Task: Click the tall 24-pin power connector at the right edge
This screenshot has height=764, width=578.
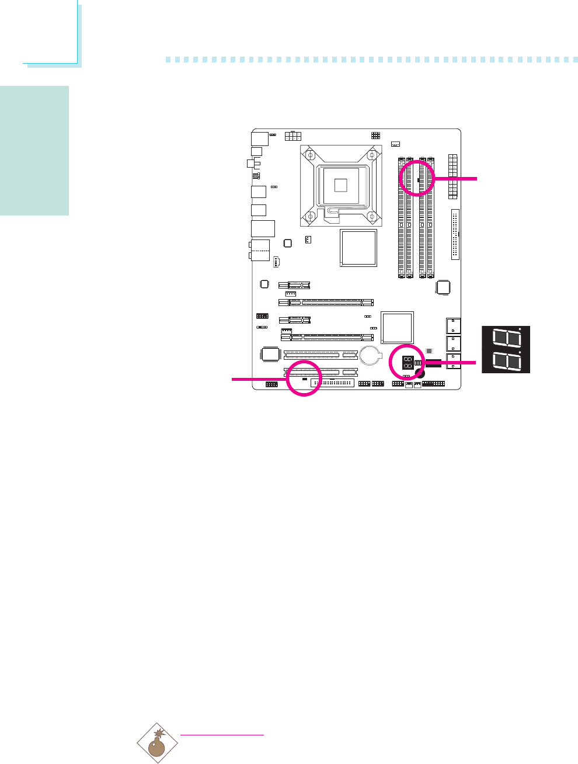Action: (452, 176)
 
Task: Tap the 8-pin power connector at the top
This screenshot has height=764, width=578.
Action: (293, 136)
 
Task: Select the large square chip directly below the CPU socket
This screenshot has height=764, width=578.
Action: (358, 248)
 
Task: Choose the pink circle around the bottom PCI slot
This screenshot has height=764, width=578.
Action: (304, 378)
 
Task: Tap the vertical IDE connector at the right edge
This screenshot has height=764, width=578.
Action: (455, 234)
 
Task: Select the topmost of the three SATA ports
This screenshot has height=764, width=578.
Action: (453, 325)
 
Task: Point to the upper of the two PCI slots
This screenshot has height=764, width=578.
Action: (321, 354)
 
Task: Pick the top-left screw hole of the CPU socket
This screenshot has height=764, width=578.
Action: (312, 156)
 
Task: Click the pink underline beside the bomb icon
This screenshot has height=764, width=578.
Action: (222, 735)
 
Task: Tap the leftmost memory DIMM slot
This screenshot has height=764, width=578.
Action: (401, 217)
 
